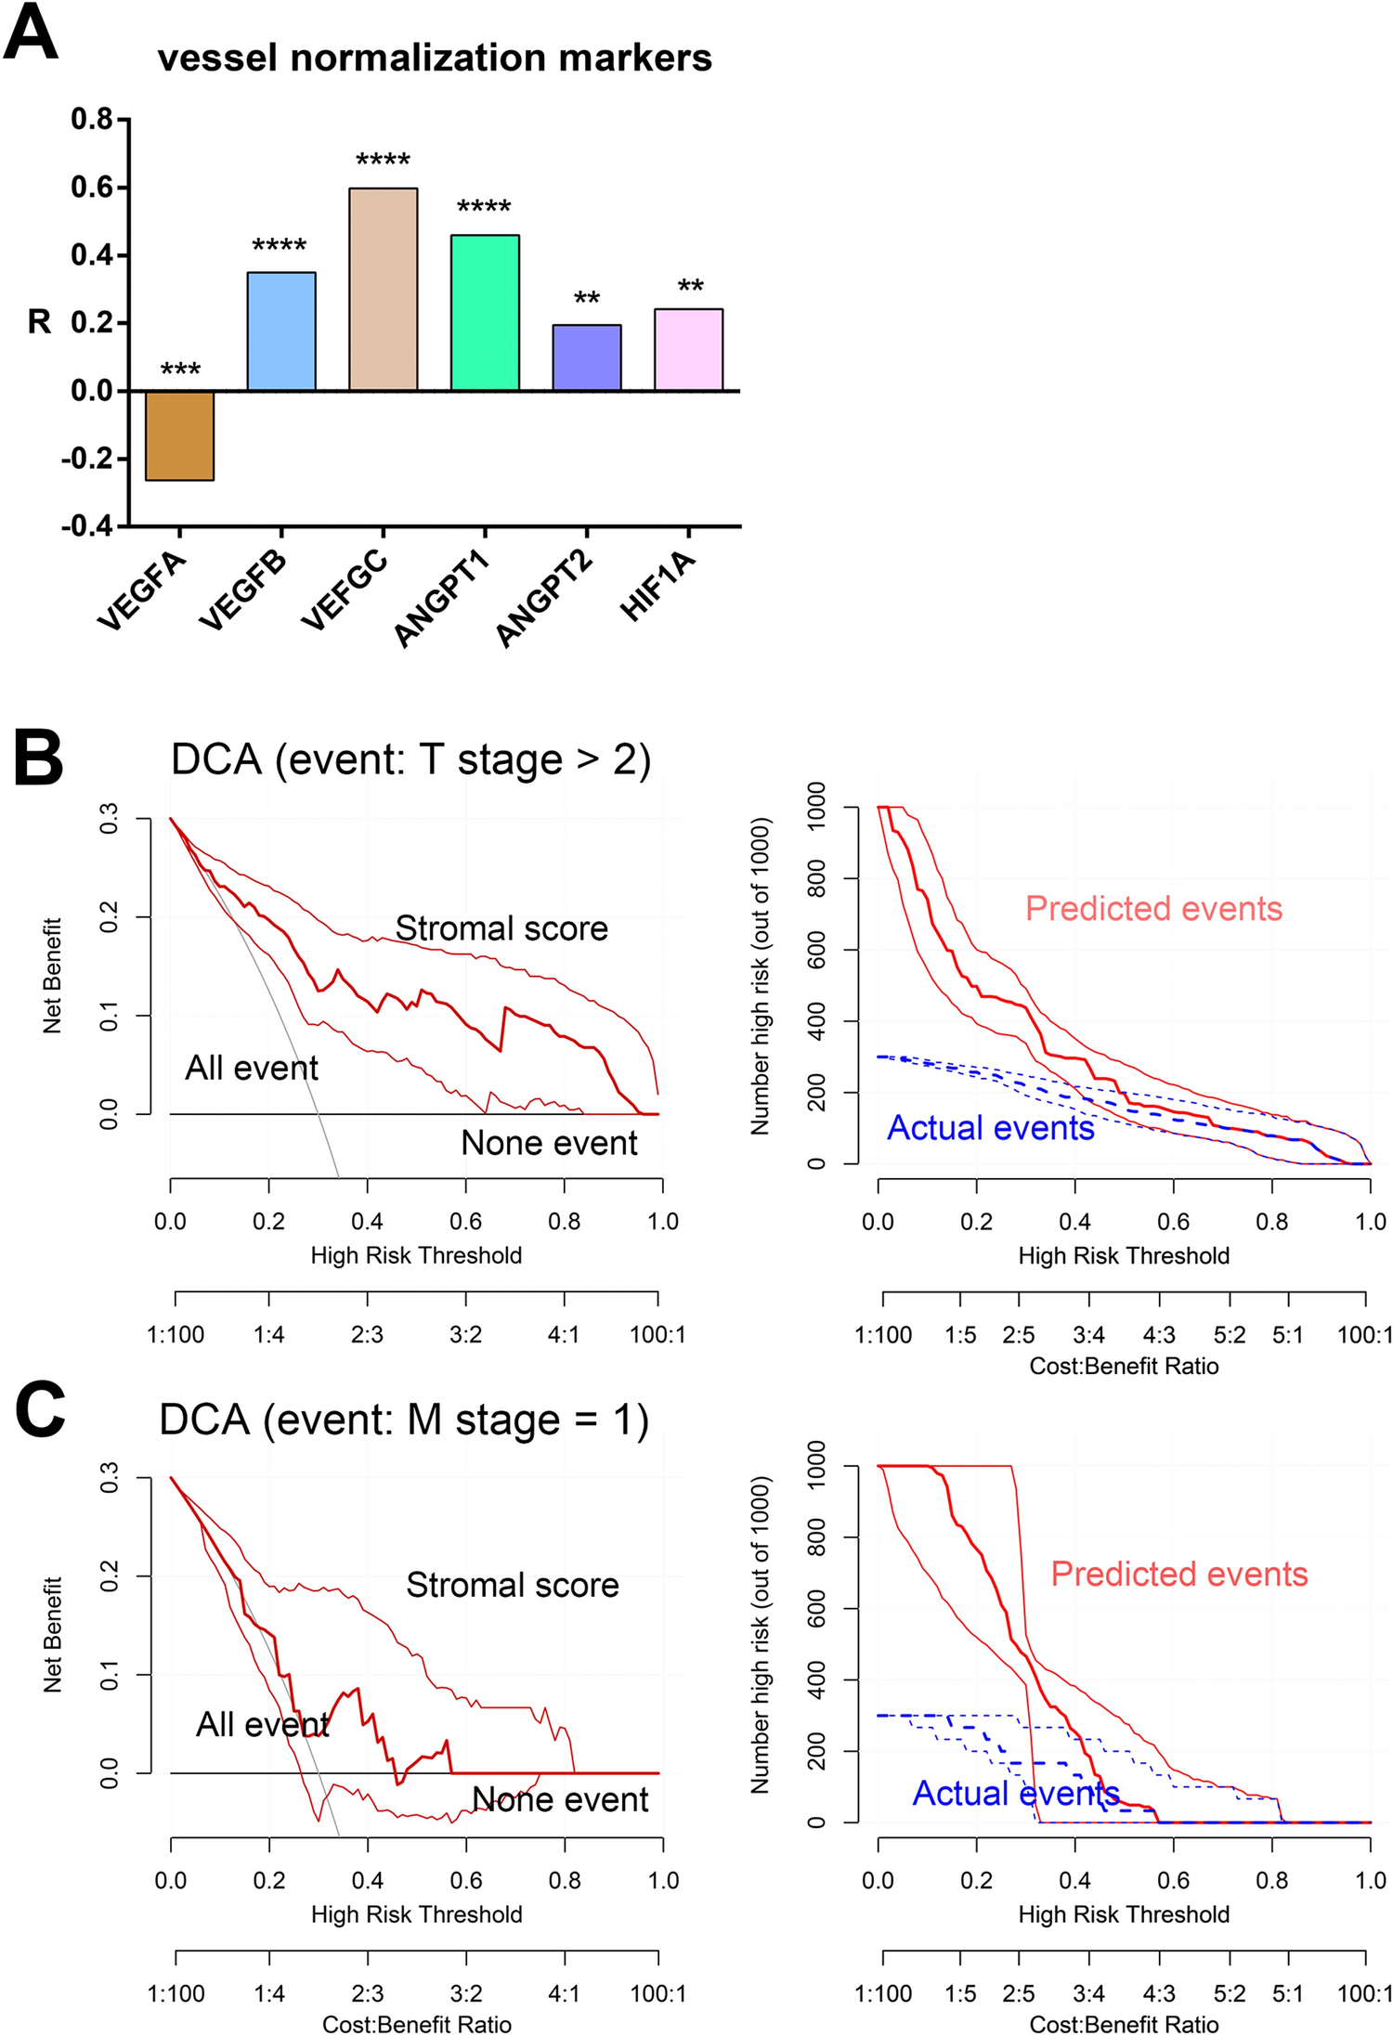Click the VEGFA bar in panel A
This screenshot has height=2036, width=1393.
point(180,434)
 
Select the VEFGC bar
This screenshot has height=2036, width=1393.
point(383,290)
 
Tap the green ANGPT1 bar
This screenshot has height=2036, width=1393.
point(485,313)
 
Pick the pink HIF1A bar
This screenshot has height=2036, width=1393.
point(688,349)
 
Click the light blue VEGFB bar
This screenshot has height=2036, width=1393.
point(281,331)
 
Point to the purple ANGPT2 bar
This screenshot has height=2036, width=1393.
point(587,357)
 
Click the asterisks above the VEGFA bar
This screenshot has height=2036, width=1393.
point(180,370)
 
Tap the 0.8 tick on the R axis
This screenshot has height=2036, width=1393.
point(92,119)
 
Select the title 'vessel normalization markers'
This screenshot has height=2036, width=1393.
point(435,58)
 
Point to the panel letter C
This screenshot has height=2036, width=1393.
point(40,1408)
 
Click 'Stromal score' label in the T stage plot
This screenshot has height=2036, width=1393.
point(501,928)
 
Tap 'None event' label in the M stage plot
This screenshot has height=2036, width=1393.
point(560,1798)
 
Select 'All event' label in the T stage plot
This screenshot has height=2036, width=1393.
point(252,1068)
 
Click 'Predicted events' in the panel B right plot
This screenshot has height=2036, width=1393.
point(1153,908)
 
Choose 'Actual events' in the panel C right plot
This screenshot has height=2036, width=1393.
point(1016,1793)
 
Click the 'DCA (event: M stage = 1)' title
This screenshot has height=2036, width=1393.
point(404,1420)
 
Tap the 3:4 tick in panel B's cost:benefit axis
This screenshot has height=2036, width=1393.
point(1088,1335)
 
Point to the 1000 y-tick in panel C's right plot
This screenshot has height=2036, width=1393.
point(816,1464)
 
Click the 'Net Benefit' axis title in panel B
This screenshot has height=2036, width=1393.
point(52,975)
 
